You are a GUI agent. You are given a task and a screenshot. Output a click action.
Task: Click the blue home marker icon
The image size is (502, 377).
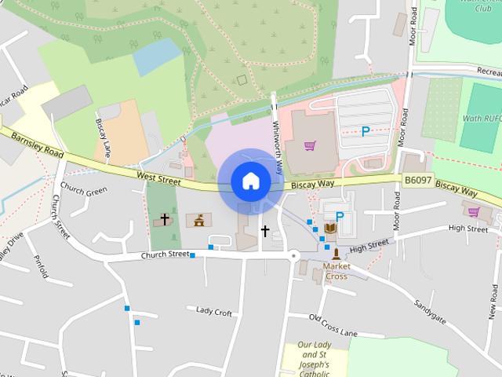[250, 181]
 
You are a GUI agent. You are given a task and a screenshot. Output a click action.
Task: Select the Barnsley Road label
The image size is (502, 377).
[32, 145]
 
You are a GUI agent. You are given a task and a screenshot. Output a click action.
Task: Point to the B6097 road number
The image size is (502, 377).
[419, 181]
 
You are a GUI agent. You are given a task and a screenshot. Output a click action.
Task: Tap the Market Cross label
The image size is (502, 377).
[336, 271]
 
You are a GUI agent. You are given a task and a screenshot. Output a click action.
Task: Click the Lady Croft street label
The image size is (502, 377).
[214, 312]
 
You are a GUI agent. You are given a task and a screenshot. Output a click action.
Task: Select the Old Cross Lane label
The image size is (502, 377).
[333, 325]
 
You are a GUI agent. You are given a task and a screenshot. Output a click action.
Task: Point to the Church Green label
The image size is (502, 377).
[83, 190]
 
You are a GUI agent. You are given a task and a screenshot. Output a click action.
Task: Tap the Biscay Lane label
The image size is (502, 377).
[101, 135]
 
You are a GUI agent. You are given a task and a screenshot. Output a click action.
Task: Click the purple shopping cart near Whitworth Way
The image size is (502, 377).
[310, 145]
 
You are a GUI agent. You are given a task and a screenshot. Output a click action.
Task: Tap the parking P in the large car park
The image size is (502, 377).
[366, 132]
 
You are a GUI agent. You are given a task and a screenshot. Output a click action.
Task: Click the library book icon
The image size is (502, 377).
[330, 228]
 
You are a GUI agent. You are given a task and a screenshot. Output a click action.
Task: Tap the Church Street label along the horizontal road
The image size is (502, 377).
[166, 254]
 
